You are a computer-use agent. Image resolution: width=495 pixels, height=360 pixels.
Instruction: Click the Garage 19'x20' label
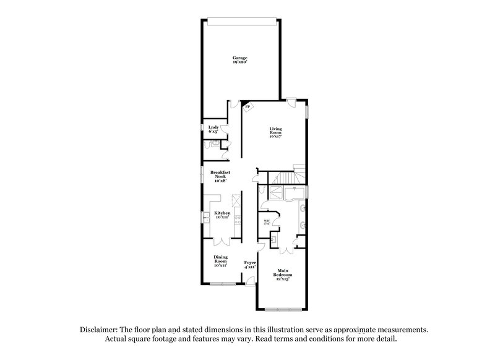[240, 59]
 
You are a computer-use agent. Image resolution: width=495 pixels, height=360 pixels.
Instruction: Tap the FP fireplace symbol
[247, 107]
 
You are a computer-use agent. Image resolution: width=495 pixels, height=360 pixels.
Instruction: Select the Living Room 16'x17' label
[275, 133]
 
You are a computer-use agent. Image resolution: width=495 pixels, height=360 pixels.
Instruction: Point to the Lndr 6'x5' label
[212, 129]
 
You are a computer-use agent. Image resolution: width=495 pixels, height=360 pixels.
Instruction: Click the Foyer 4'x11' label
[250, 265]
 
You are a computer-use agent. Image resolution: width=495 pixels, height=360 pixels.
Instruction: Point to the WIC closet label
[266, 221]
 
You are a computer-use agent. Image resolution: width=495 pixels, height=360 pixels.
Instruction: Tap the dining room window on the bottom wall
[222, 284]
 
